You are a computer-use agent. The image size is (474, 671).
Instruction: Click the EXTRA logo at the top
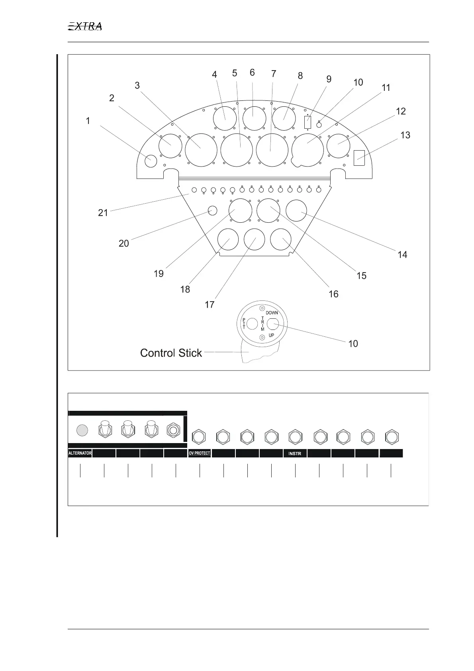pos(85,27)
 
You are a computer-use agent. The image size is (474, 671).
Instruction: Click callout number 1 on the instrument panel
pos(88,121)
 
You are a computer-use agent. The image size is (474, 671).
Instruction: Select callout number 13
pos(405,135)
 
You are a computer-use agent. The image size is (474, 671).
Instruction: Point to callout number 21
pos(103,213)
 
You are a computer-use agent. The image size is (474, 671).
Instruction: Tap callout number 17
pos(210,305)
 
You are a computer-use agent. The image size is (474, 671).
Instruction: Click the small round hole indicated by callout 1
pos(151,161)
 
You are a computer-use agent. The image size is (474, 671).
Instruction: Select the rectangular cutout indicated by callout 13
pos(359,157)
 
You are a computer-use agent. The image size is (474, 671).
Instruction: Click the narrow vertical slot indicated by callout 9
pos(308,122)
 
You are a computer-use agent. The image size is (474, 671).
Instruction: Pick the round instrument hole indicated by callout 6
pos(254,118)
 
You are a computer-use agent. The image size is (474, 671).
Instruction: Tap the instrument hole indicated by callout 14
pos(296,211)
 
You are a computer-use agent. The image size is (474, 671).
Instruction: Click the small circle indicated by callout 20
pos(213,210)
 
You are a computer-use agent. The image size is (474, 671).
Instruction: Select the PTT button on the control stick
pos(252,324)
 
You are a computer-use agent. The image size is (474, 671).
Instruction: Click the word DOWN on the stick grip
pos(272,313)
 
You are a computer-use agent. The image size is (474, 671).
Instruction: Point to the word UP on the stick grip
pos(271,335)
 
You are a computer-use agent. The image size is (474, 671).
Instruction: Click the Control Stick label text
pos(171,353)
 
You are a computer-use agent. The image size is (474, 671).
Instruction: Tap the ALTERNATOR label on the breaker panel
pos(80,453)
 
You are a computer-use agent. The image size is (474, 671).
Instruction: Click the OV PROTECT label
pos(199,453)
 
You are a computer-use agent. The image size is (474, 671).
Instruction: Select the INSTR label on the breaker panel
pos(295,453)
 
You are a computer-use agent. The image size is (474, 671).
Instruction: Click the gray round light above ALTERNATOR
pos(82,430)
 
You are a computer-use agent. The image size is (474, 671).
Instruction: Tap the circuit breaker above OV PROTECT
pos(199,437)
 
